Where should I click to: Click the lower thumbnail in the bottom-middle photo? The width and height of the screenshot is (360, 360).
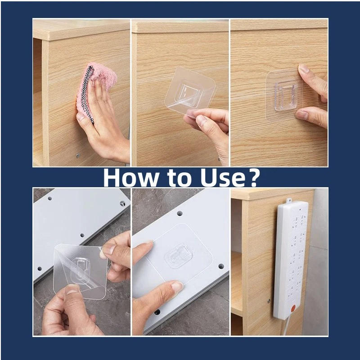coord(176,286)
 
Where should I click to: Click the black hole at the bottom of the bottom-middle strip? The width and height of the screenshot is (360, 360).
coord(157,311)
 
